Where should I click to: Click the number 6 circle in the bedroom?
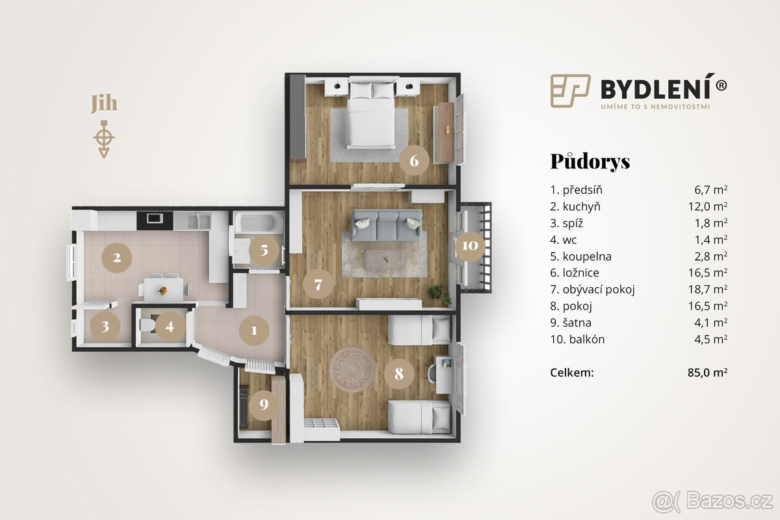point(414,159)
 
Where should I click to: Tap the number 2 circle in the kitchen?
point(116,257)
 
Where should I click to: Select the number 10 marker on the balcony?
point(470,246)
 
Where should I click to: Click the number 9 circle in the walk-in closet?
point(263,404)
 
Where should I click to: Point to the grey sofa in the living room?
point(386,224)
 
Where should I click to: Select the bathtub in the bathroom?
point(258,223)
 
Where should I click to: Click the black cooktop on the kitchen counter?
point(155,218)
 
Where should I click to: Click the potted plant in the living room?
point(439,293)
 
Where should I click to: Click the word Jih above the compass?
point(104,104)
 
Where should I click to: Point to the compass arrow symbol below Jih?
point(104,138)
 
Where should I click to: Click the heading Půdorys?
point(590,161)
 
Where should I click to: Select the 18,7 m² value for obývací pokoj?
point(710,289)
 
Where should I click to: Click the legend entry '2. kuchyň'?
point(575,207)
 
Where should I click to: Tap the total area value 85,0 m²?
point(710,372)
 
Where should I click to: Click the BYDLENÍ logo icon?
point(570,90)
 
